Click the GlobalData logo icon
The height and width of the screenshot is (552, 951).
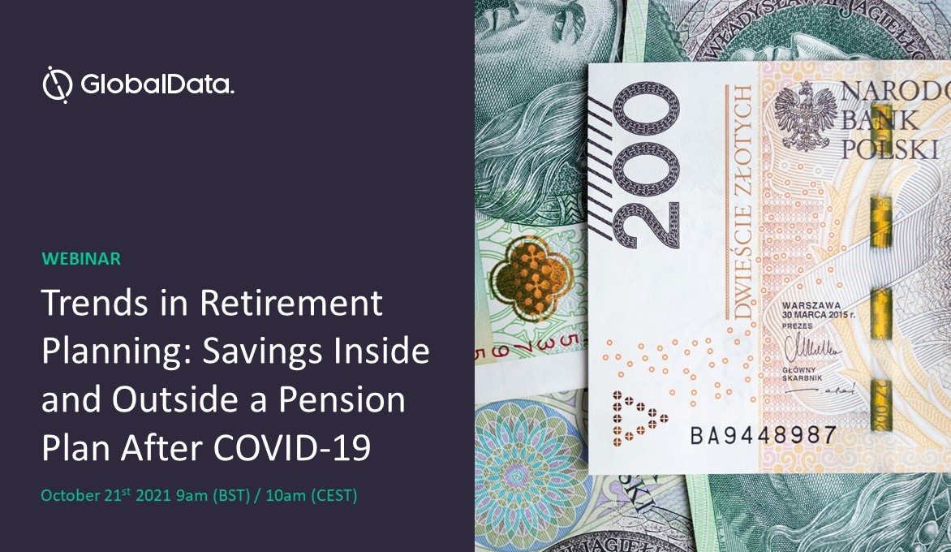point(58,84)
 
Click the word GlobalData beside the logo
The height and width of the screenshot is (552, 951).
point(157,85)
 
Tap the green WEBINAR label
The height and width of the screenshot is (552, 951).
point(81,259)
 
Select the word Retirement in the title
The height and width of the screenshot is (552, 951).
point(291,304)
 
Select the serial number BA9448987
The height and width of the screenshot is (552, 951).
point(763,435)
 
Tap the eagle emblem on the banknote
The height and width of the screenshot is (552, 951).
point(804,114)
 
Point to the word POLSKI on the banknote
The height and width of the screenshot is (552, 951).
point(889,149)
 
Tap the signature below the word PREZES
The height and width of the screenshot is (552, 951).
point(812,350)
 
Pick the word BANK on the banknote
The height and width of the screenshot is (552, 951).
point(880,120)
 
